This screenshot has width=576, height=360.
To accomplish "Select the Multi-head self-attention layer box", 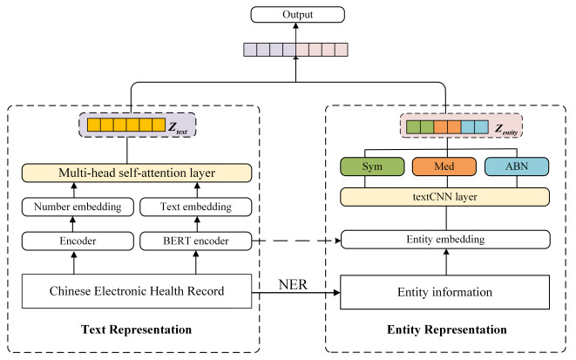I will tap(137, 173).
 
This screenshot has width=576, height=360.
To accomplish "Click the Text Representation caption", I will tap(137, 330).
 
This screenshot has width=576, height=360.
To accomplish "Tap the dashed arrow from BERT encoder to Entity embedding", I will tap(296, 240).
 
